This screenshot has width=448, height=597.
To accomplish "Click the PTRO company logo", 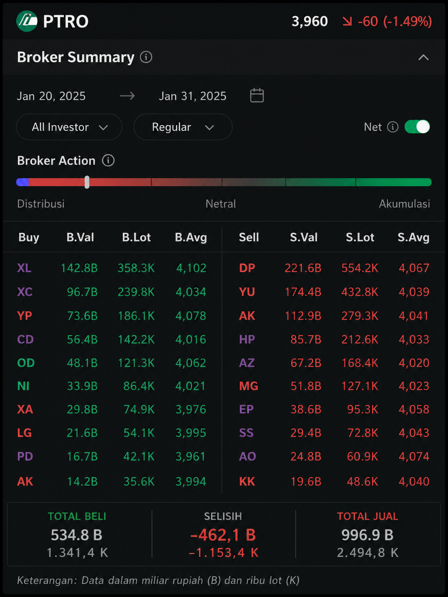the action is pos(27,21).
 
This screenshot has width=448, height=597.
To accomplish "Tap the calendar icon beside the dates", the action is pos(257,96).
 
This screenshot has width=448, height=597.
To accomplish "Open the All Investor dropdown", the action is pos(69,127).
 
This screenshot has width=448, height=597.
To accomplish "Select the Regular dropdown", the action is pos(183,127).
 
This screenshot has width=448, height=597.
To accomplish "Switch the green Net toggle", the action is pos(417,127).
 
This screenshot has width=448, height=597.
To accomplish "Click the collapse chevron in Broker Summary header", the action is pos(423,57).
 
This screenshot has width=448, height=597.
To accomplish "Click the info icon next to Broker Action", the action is pos(108,160).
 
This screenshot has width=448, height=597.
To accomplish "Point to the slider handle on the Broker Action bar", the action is pos(87,182).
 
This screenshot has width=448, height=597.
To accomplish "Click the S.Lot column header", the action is pos(360,237).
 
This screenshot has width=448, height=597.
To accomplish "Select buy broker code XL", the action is pos(24,268).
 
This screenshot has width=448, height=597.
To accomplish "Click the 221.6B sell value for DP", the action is pos(303,268).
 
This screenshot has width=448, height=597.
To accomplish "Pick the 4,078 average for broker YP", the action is pos(191,316).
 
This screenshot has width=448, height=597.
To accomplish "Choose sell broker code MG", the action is pos(249,386).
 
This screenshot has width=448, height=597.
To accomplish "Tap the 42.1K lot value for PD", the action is pos(139,456).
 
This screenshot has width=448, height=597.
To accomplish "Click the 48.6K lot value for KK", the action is pos(362,482).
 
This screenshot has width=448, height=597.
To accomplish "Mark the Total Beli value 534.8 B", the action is pos(77,535).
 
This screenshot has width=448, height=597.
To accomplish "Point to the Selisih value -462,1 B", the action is pos(223,535).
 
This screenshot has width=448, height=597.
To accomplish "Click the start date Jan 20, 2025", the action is pos(52,96).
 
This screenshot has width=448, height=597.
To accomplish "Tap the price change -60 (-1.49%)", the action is pos(395,21).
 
